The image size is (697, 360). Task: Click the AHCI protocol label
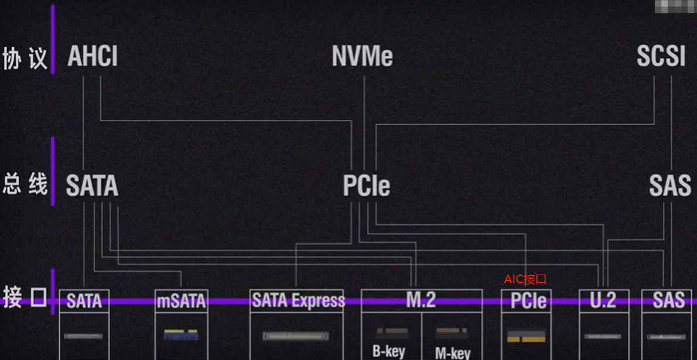click(93, 57)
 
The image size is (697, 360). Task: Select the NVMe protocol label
click(362, 57)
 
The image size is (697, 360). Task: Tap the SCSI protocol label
click(661, 57)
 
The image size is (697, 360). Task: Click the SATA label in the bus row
click(92, 186)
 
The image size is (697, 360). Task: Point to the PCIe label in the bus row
click(366, 186)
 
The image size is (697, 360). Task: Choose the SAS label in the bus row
click(669, 186)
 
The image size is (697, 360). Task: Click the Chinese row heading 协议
click(25, 59)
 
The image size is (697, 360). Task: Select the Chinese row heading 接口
click(25, 297)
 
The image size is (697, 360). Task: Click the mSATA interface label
click(181, 301)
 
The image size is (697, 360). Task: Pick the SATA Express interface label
click(298, 300)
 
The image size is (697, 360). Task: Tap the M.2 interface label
click(421, 300)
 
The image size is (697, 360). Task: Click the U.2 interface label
click(603, 300)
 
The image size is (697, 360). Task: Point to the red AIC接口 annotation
click(525, 279)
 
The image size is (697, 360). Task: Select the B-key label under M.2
click(388, 352)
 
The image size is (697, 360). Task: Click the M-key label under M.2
click(453, 353)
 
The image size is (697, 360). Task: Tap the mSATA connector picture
click(181, 335)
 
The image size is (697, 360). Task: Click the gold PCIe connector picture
click(526, 336)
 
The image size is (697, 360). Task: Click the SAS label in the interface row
click(668, 300)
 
